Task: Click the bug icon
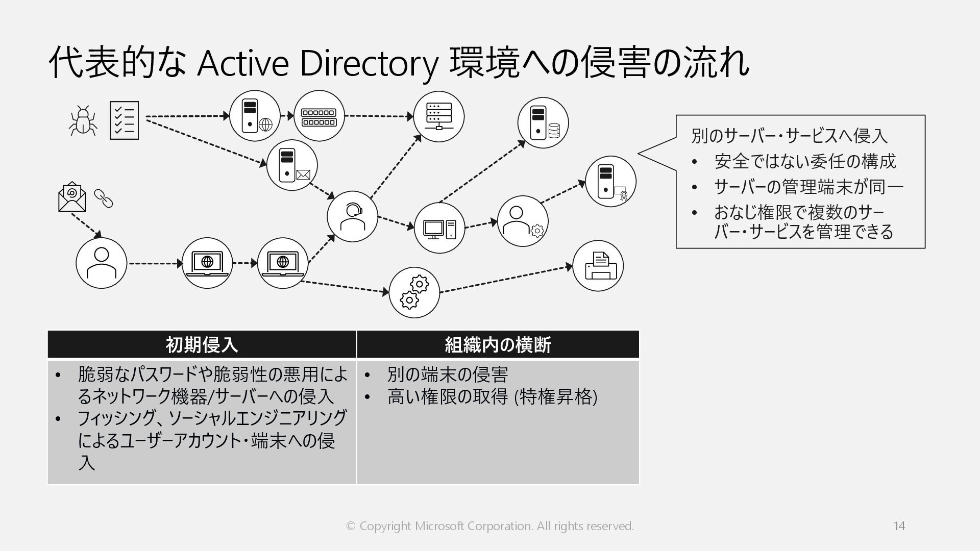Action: point(82,121)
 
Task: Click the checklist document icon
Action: point(124,120)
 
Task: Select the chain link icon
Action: point(103,198)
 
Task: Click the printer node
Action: point(598,266)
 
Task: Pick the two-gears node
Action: point(414,292)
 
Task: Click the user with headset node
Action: point(352,216)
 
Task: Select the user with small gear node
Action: point(523,221)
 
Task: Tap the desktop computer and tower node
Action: point(439,228)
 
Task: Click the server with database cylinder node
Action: point(543,123)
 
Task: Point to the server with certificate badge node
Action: point(610,182)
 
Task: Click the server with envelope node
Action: point(292,165)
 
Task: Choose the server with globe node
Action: point(255,116)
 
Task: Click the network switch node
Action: point(319,116)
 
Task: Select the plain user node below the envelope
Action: point(101,263)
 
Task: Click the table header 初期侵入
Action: point(202,345)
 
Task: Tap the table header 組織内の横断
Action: point(498,345)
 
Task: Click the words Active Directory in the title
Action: point(317,63)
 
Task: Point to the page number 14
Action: point(899,525)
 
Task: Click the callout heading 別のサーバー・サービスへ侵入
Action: point(789,136)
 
